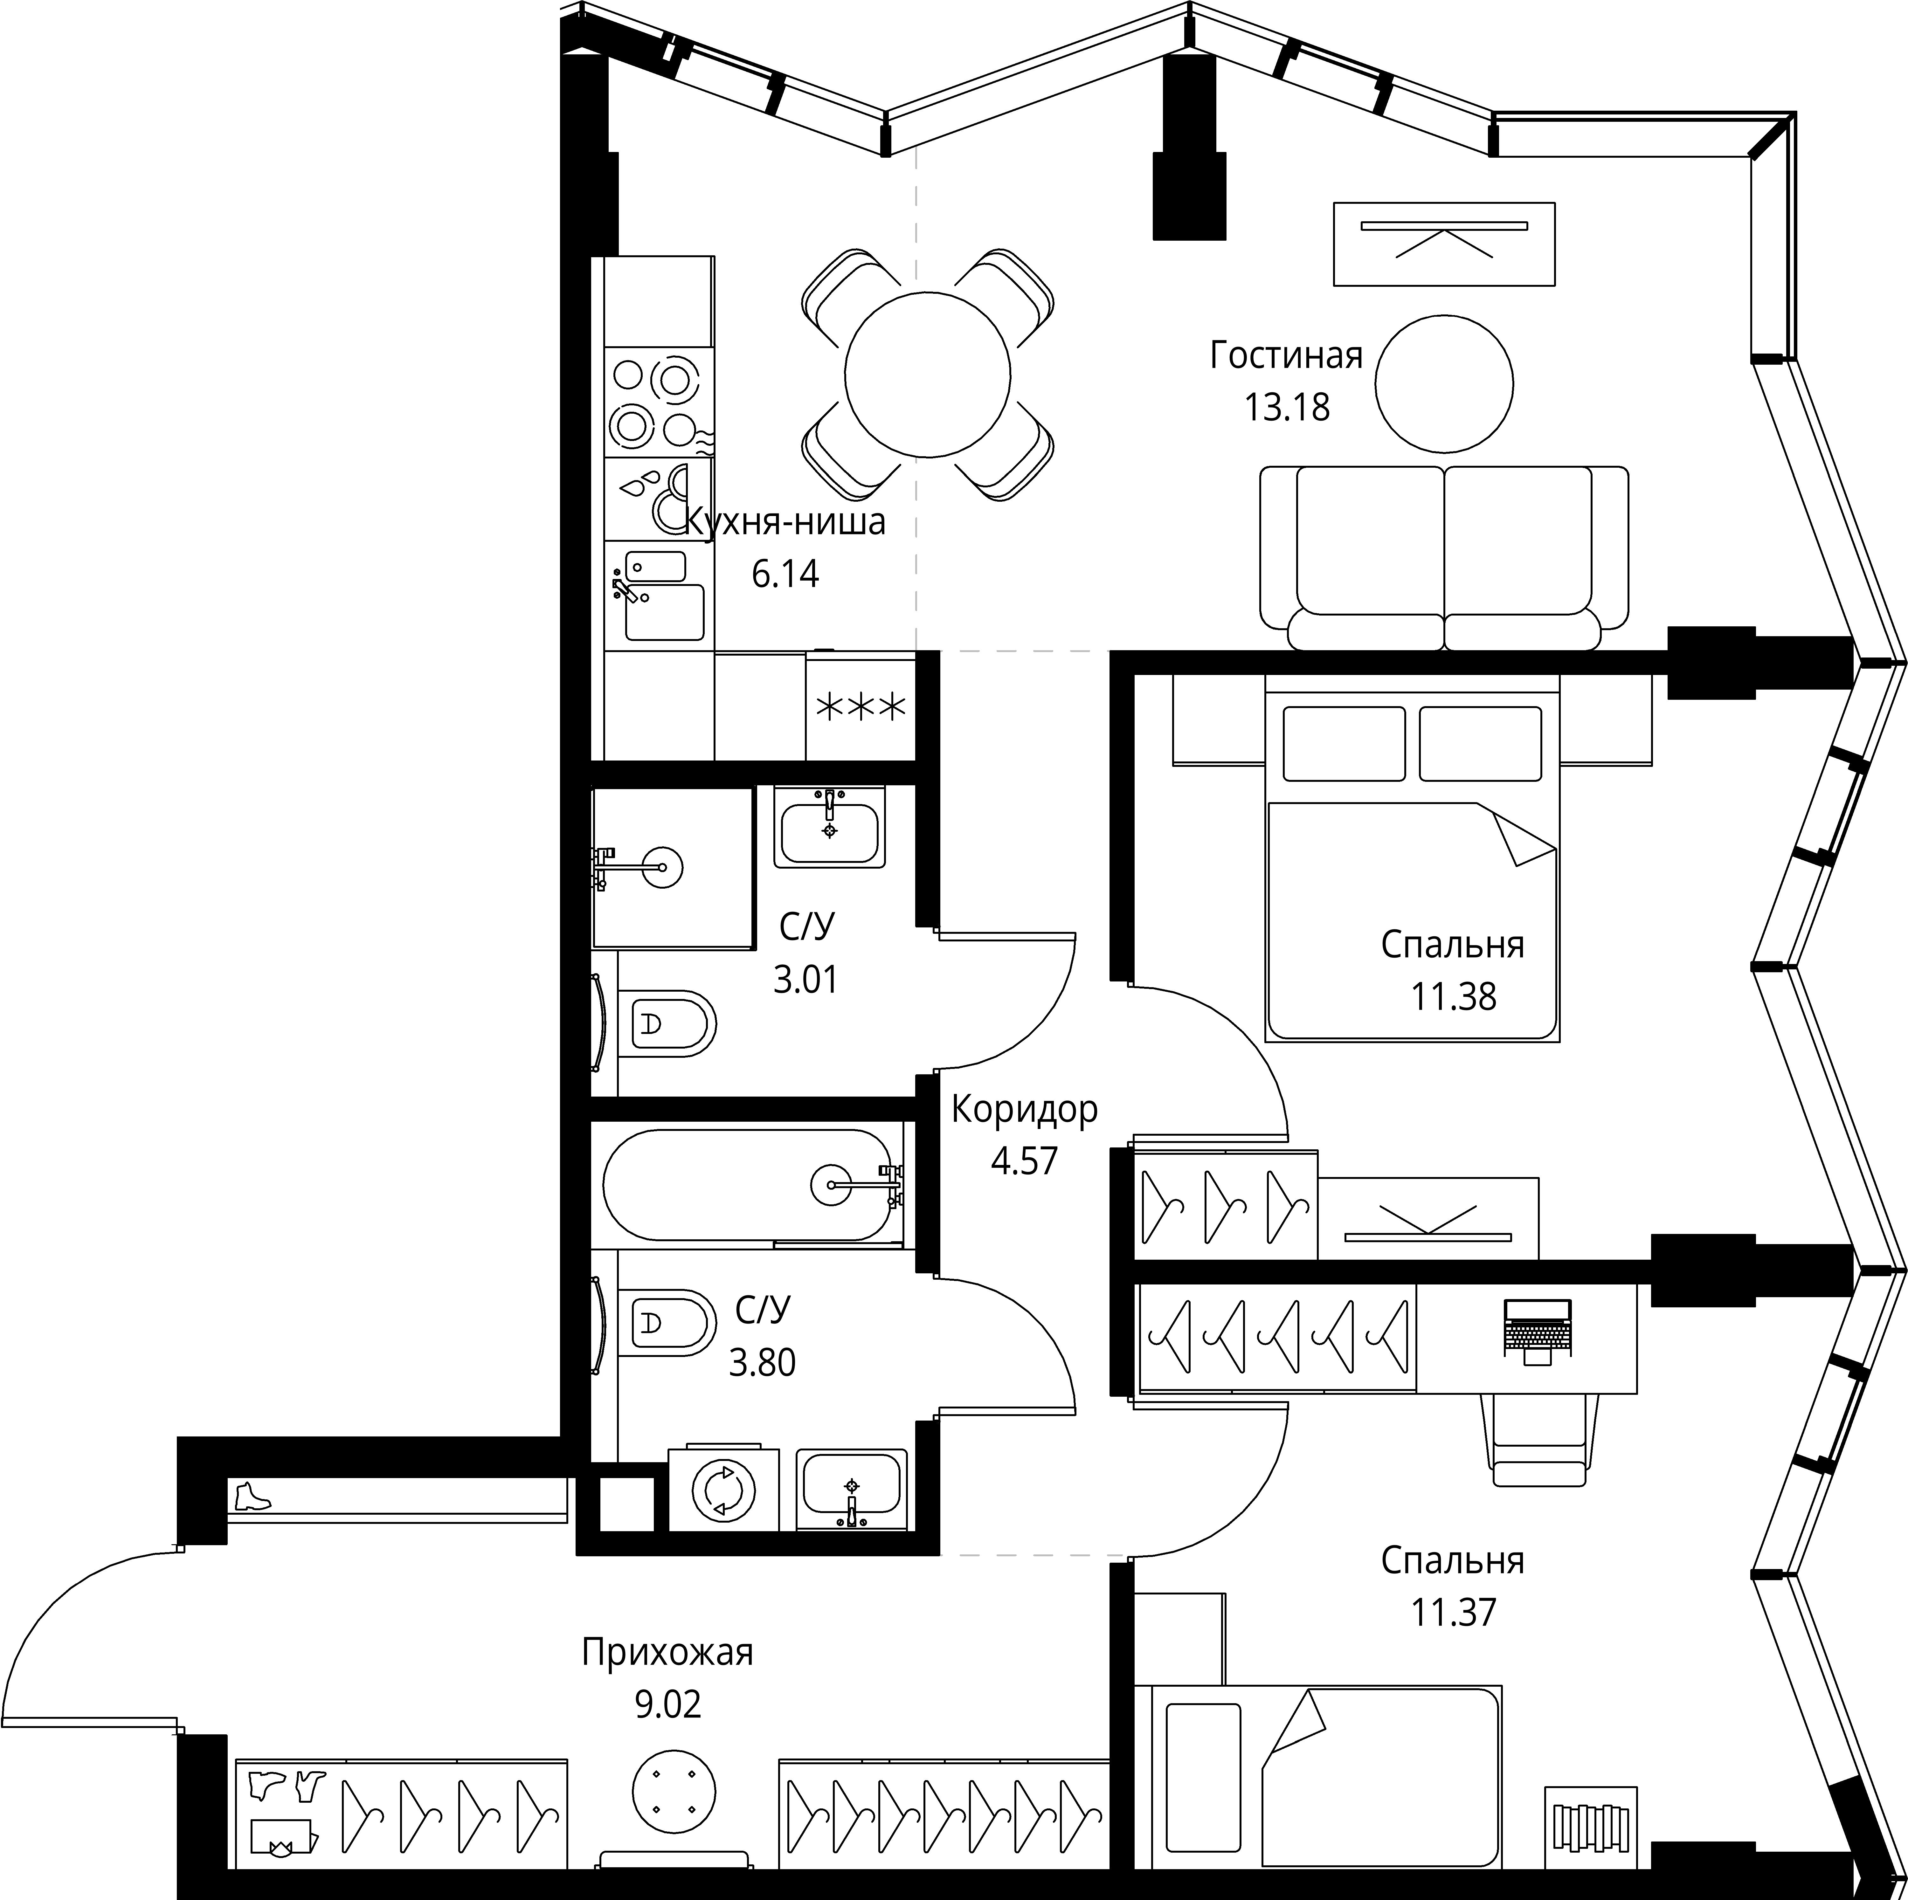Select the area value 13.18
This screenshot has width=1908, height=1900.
click(x=1287, y=407)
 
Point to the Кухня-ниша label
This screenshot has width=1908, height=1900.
click(x=785, y=522)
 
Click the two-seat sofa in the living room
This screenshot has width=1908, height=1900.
click(x=1444, y=558)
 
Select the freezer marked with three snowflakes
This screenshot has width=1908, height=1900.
click(x=859, y=706)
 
